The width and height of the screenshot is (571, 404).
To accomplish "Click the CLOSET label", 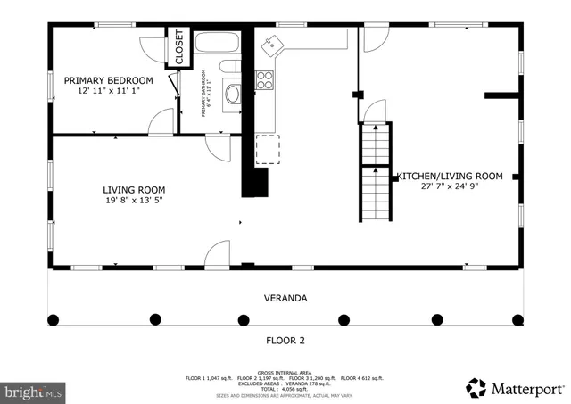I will pyautogui.click(x=178, y=48).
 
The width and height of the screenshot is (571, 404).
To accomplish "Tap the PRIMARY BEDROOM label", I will pyautogui.click(x=108, y=80).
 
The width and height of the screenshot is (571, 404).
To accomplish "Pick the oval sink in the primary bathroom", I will pyautogui.click(x=233, y=95).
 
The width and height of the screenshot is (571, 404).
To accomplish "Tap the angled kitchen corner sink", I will pyautogui.click(x=270, y=43).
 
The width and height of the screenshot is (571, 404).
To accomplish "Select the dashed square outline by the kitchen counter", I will pyautogui.click(x=268, y=150).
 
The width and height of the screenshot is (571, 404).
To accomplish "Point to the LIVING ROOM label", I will pyautogui.click(x=134, y=189).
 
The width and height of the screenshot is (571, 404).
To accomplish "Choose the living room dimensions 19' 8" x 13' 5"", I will pyautogui.click(x=134, y=201).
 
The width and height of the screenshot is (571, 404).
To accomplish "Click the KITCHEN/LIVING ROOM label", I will pyautogui.click(x=450, y=176).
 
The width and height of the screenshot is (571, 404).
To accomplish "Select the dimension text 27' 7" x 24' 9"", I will pyautogui.click(x=450, y=187).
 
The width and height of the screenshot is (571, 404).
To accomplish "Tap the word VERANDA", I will pyautogui.click(x=285, y=298).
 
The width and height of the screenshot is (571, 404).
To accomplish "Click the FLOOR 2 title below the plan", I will pyautogui.click(x=285, y=340).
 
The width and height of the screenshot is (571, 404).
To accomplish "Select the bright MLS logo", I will pyautogui.click(x=34, y=391).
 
